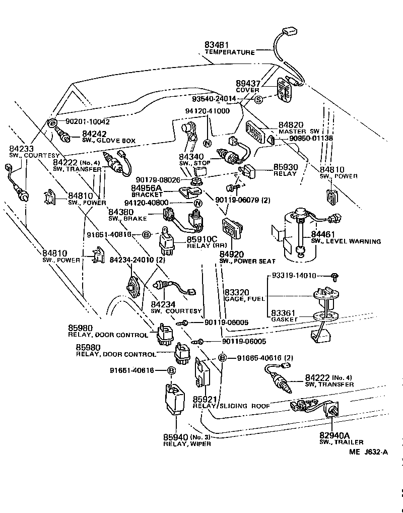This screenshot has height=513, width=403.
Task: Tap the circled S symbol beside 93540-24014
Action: point(258,99)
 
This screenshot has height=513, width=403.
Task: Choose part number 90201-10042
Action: point(87,121)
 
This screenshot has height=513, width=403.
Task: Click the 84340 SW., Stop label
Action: point(191,160)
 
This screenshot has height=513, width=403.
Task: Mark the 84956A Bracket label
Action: point(147,191)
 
